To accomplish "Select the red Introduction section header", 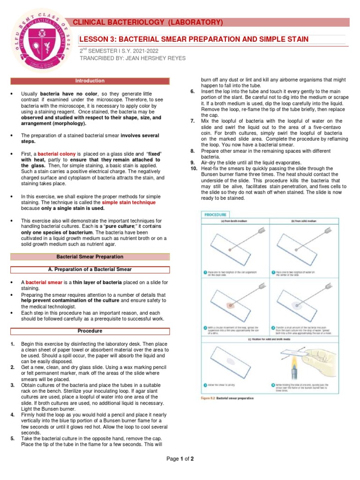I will pyautogui.click(x=90, y=81).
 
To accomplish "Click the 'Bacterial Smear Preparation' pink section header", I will pyautogui.click(x=90, y=257).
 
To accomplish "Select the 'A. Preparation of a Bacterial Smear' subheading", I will pyautogui.click(x=90, y=270).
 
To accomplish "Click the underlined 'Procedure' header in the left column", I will pyautogui.click(x=90, y=331).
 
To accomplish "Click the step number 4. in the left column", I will pyautogui.click(x=12, y=415).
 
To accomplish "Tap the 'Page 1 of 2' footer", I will pyautogui.click(x=180, y=459).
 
